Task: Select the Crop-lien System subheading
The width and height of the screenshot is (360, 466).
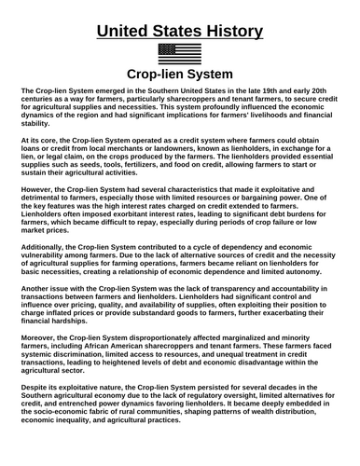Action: (180, 75)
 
